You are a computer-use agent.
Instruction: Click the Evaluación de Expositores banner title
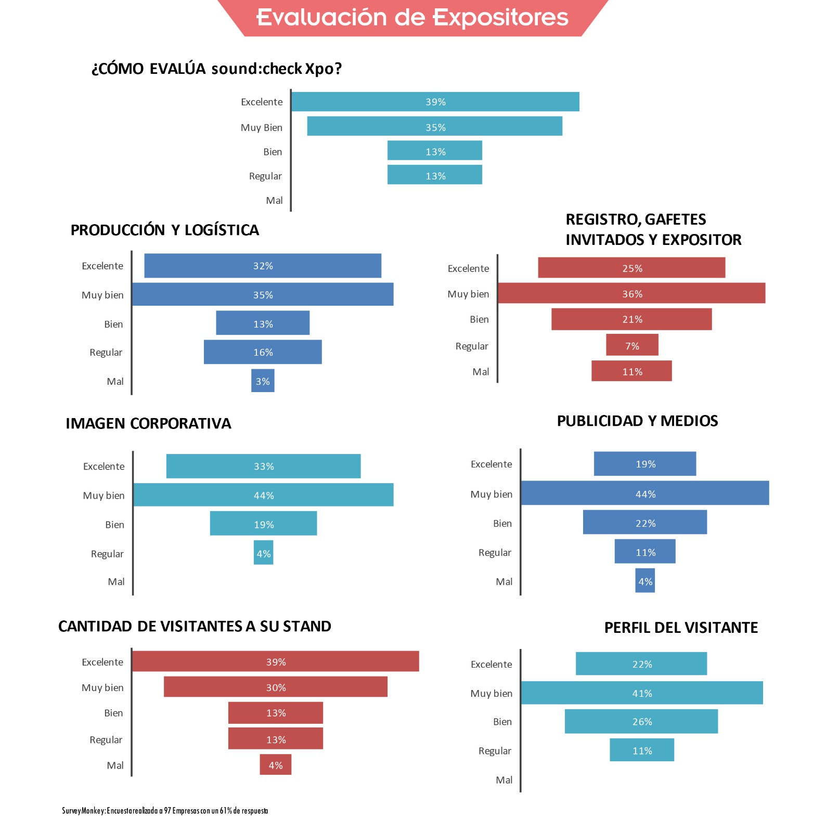click(x=412, y=17)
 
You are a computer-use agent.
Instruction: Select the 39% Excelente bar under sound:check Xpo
click(x=435, y=102)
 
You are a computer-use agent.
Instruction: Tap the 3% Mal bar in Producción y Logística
click(x=263, y=381)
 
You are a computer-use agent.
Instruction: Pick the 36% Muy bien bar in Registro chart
click(x=631, y=294)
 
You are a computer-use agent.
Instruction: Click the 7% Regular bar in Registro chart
click(x=632, y=346)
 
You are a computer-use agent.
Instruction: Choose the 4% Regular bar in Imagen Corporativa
click(x=263, y=553)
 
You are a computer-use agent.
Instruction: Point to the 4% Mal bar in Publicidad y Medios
click(x=645, y=581)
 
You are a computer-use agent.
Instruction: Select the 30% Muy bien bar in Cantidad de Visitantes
click(x=276, y=687)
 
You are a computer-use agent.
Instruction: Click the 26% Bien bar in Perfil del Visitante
click(x=641, y=721)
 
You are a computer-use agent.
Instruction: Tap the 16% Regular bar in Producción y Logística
click(x=263, y=352)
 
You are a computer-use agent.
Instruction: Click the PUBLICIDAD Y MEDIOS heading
click(x=637, y=421)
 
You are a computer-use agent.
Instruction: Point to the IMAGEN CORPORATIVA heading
click(x=148, y=424)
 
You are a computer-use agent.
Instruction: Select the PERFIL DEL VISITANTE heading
click(x=681, y=628)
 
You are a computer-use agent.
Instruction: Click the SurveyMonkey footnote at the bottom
click(x=165, y=811)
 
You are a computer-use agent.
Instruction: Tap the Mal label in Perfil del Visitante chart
click(x=504, y=780)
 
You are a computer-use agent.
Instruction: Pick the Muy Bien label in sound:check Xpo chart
click(x=261, y=127)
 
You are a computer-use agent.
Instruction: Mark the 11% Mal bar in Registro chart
click(x=631, y=371)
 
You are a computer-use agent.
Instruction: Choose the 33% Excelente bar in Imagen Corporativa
click(x=263, y=466)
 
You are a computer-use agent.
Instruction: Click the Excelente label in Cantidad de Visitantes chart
click(x=102, y=662)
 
